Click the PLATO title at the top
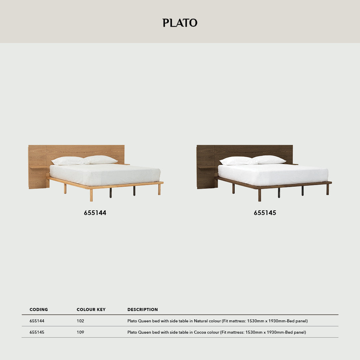[x=180, y=23]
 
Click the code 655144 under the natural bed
[x=95, y=213]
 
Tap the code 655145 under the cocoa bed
[x=265, y=213]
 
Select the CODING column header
[x=39, y=310]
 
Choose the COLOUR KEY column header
[x=91, y=310]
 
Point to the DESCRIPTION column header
[x=143, y=310]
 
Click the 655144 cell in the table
[x=37, y=321]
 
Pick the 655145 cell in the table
[x=37, y=332]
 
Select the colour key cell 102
[x=80, y=321]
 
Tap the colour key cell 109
[x=80, y=332]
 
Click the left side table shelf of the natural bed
[x=38, y=167]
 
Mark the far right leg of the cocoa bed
[x=328, y=189]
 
